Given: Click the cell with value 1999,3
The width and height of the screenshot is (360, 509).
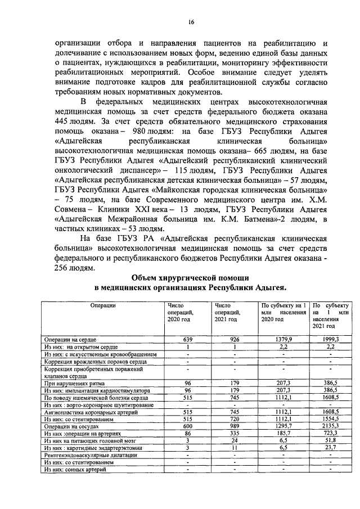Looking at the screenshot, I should tap(330, 340).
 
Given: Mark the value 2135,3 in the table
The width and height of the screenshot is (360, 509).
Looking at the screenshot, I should tap(330, 427).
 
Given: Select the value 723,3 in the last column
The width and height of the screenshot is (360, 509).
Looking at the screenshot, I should tap(330, 434).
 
